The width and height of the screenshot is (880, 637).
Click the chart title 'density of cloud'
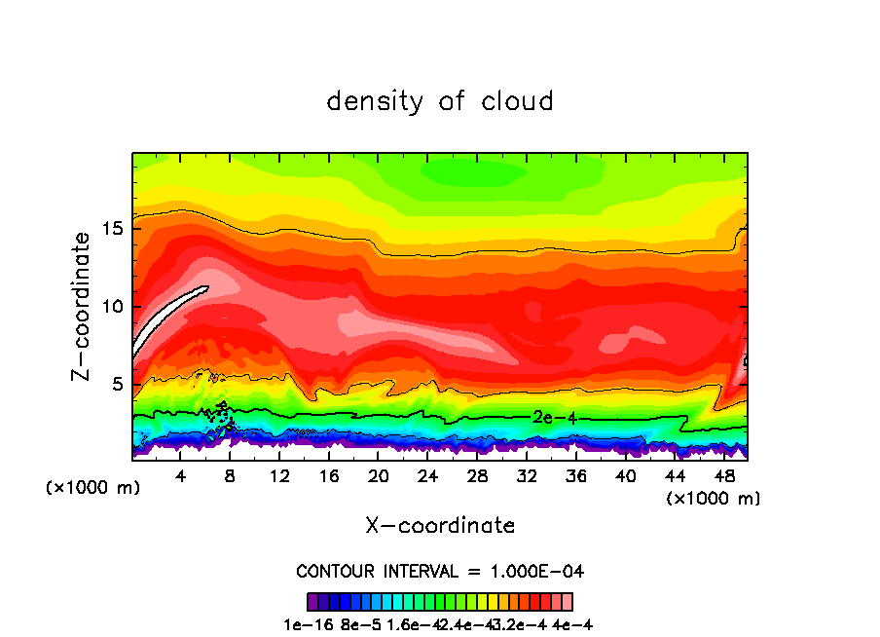[x=440, y=101]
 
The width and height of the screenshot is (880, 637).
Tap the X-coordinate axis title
[x=440, y=526]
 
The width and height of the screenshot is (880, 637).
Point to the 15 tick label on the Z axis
[x=114, y=229]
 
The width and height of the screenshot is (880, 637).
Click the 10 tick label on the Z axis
[x=114, y=307]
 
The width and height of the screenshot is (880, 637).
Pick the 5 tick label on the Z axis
[x=120, y=384]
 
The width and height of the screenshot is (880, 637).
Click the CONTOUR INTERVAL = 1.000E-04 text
[x=440, y=571]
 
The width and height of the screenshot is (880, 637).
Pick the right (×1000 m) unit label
[x=714, y=499]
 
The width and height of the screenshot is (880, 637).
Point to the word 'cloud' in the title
[x=515, y=101]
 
